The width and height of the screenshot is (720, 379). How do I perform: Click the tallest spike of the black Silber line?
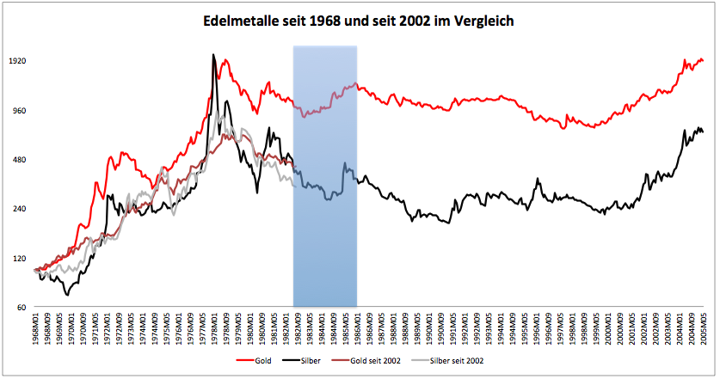(x=213, y=55)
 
